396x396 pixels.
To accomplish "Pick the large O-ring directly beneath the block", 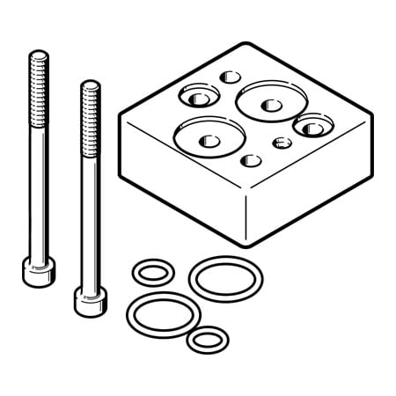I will [x=225, y=277].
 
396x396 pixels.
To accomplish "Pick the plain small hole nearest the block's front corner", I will [x=251, y=160].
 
